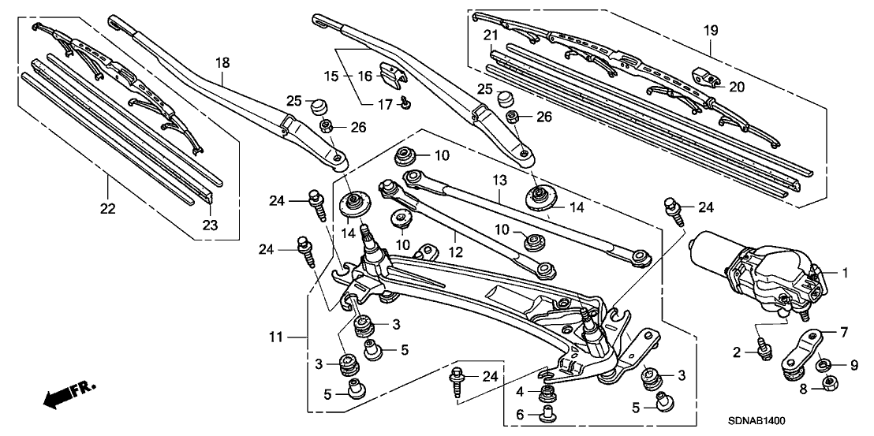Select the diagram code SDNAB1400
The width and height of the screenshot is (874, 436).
point(761,422)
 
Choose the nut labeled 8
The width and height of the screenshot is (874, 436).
point(829,384)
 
